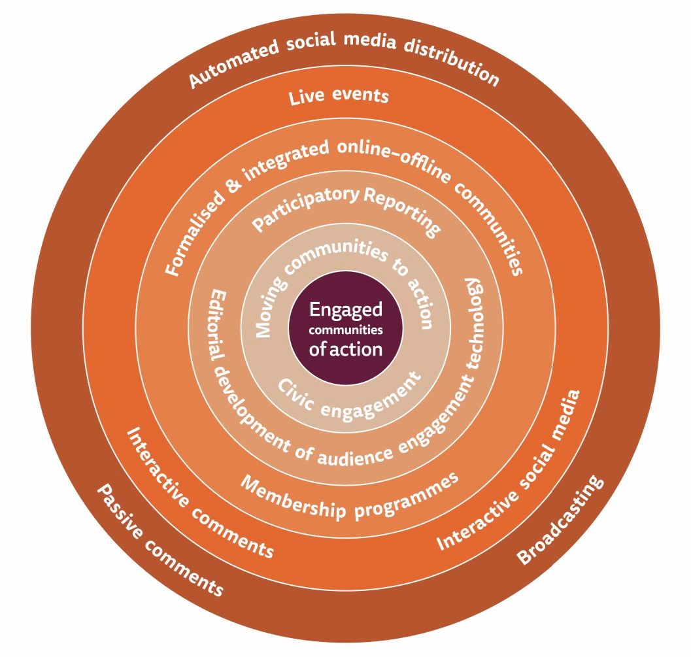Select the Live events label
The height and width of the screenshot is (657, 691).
[x=339, y=97]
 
